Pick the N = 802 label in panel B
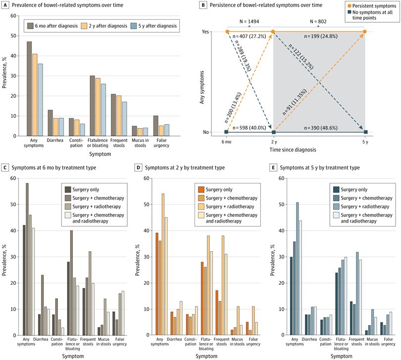pyautogui.click(x=318, y=22)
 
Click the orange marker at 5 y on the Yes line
pyautogui.click(x=364, y=32)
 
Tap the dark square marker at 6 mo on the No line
pyautogui.click(x=227, y=132)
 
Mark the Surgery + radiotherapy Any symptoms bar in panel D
pyautogui.click(x=163, y=264)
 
